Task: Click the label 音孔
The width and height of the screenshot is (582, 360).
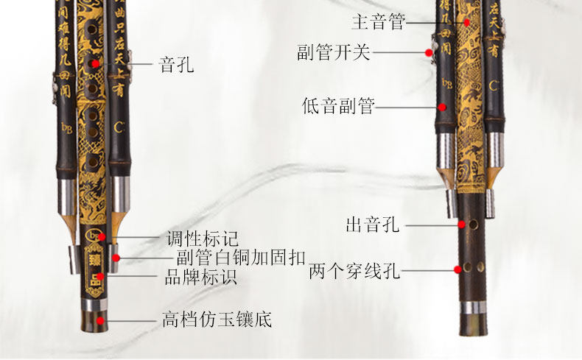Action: click(177, 65)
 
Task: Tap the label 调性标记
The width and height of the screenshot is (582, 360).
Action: click(202, 239)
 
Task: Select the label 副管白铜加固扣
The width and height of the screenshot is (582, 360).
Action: click(231, 258)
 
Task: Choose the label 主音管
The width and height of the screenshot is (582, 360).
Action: click(379, 22)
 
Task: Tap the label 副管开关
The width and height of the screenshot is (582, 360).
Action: click(334, 53)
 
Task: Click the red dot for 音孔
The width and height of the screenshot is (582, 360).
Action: click(94, 65)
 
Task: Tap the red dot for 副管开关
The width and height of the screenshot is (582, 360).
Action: click(428, 52)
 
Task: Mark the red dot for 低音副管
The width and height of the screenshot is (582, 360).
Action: click(442, 107)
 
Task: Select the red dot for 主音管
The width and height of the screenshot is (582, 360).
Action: click(466, 22)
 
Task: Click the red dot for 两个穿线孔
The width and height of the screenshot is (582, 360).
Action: click(457, 270)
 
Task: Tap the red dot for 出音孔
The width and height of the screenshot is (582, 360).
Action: click(461, 224)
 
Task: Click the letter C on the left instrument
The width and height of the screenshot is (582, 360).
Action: click(118, 127)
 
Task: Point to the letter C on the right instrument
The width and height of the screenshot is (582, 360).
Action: click(494, 85)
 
